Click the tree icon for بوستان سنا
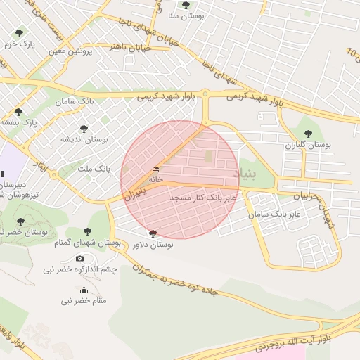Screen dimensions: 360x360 (x=186, y=5)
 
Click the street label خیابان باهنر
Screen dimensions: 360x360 (x=127, y=46)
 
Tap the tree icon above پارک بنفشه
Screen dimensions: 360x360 (x=18, y=112)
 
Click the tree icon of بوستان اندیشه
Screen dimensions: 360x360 (x=84, y=129)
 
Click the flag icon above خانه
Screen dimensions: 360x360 (x=155, y=169)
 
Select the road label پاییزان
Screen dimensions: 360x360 (x=138, y=191)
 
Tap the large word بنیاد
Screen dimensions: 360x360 (x=246, y=172)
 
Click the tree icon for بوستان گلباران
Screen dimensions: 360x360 (x=307, y=133)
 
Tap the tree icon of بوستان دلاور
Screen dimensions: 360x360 (x=153, y=233)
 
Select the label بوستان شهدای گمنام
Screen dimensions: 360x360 (x=88, y=243)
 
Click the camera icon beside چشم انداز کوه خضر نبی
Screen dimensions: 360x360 (x=79, y=259)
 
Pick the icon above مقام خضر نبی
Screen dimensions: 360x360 (x=84, y=290)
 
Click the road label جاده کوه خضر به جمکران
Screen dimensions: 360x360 (x=180, y=285)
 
